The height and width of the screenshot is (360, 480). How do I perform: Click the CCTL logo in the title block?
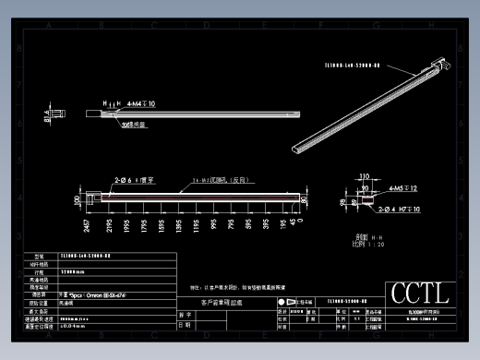click(x=420, y=294)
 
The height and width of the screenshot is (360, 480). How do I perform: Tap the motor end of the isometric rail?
click(x=438, y=65)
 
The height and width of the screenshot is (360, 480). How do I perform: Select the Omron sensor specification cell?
click(x=93, y=294)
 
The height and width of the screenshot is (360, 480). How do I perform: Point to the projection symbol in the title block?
click(x=282, y=302)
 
